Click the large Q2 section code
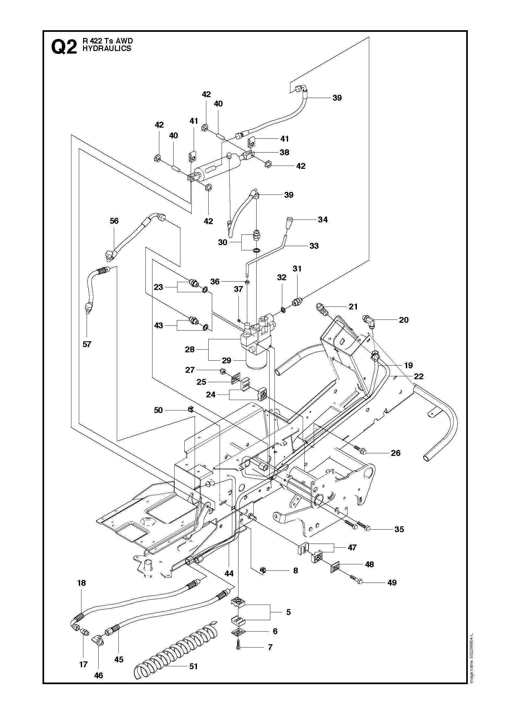pyautogui.click(x=64, y=47)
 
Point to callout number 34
pyautogui.click(x=323, y=220)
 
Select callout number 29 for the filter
pyautogui.click(x=226, y=360)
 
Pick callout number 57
pyautogui.click(x=87, y=344)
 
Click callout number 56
pyautogui.click(x=114, y=221)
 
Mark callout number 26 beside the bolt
pyautogui.click(x=396, y=453)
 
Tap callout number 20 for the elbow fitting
pyautogui.click(x=404, y=320)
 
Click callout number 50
pyautogui.click(x=158, y=410)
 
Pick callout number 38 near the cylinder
pyautogui.click(x=285, y=152)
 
